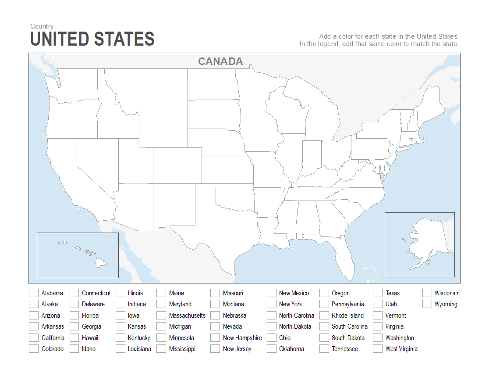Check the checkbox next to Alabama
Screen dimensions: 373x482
point(34,293)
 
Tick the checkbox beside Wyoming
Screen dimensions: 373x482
point(427,304)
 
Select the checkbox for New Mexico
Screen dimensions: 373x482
point(272,293)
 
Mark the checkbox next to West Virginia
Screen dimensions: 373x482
point(378,349)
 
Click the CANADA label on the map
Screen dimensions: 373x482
point(220,61)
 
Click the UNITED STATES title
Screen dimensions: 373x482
point(92,39)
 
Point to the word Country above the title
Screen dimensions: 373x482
point(42,26)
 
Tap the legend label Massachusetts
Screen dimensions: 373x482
point(187,316)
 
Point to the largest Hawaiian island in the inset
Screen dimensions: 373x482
point(101,263)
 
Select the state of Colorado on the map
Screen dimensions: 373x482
point(177,165)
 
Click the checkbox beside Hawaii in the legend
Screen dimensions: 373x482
point(74,338)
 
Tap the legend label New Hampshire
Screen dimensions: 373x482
point(242,338)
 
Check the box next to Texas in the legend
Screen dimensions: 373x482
point(378,293)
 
